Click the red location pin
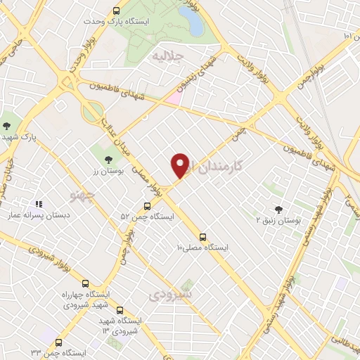180,166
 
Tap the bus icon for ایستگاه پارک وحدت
117,11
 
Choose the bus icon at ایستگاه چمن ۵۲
147,206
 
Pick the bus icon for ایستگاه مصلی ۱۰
202,236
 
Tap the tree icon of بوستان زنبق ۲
279,209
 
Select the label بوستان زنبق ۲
278,221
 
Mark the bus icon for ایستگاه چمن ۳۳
59,342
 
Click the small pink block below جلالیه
174,98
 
